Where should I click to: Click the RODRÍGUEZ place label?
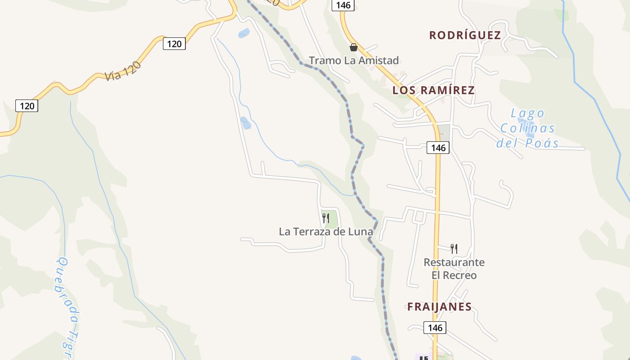[x=465, y=36]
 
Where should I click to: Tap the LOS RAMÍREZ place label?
[x=433, y=90]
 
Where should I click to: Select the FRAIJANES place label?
[x=439, y=307]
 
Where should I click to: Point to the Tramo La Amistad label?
[x=354, y=60]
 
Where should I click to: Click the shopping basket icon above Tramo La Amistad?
[x=354, y=47]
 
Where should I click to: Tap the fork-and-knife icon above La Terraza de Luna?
[x=326, y=219]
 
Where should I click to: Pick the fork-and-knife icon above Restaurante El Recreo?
[x=454, y=248]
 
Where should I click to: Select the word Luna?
[x=362, y=232]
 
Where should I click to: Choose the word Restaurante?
[x=454, y=262]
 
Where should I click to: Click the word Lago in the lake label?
[x=528, y=113]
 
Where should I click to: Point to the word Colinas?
[x=528, y=129]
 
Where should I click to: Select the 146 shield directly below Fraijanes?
[x=435, y=328]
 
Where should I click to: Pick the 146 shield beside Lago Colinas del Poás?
[x=438, y=148]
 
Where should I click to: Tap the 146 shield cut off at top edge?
[x=343, y=5]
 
